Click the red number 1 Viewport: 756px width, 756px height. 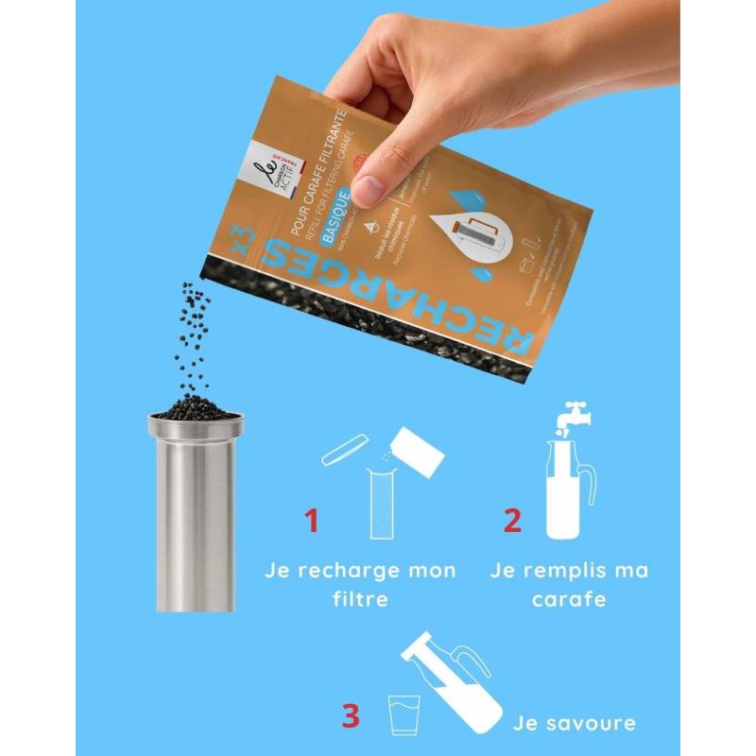(x=311, y=521)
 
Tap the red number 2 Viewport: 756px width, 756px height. (x=511, y=521)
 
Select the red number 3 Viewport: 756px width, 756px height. (x=350, y=714)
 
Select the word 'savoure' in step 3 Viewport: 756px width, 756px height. (x=599, y=724)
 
